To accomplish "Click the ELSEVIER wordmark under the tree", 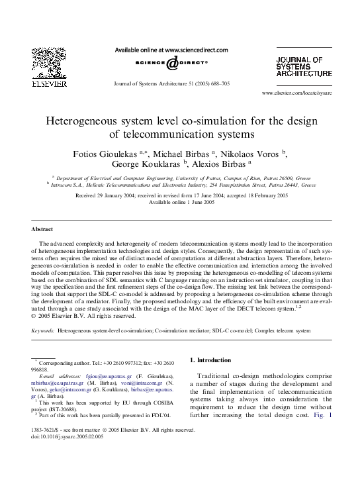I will point(48,84).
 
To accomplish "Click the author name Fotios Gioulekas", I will point(109,153).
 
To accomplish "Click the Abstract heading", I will point(43,229).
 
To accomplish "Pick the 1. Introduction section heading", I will point(210,360).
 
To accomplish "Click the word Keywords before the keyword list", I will point(43,330).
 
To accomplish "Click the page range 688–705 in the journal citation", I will point(218,85).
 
